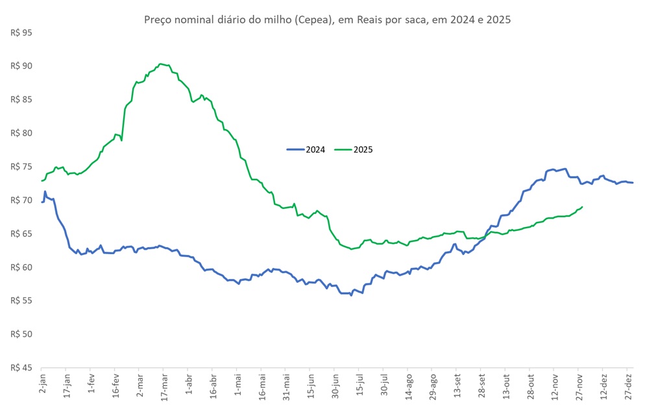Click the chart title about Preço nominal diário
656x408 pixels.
(327, 19)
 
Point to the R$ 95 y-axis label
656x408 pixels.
(21, 32)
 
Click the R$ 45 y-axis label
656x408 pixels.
(21, 368)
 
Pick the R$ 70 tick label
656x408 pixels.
(21, 200)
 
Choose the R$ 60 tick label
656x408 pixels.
(21, 267)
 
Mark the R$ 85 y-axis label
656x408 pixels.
(21, 99)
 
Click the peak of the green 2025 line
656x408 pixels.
(161, 64)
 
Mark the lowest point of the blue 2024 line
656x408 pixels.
(351, 295)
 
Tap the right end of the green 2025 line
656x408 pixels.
(582, 207)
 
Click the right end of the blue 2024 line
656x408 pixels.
(633, 182)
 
